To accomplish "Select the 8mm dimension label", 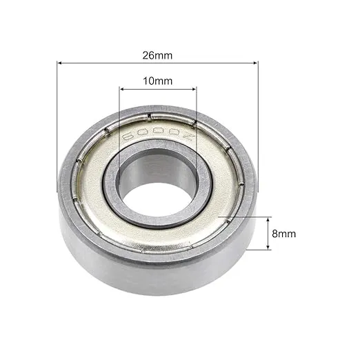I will (283, 234).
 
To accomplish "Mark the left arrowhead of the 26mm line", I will (60, 63).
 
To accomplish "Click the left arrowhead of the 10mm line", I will (123, 89).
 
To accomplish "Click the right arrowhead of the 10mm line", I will (194, 89).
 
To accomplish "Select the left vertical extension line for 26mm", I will (57, 124).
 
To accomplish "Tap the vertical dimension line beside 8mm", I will (268, 234).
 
